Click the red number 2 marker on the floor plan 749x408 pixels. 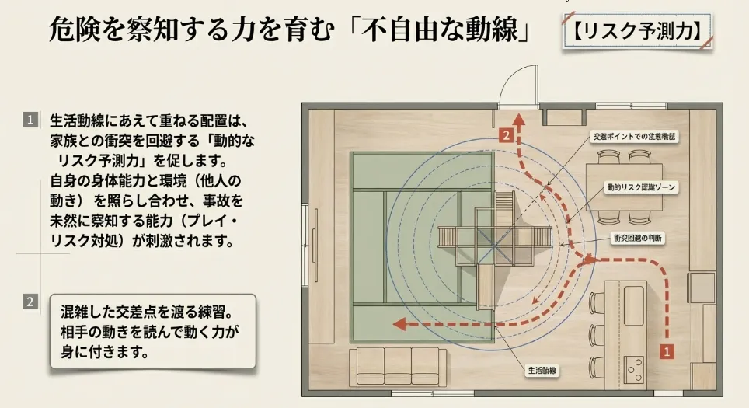click(x=507, y=135)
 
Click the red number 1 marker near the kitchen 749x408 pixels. click(x=665, y=350)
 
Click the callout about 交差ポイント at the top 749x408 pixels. click(x=635, y=136)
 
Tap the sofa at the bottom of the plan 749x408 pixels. click(x=396, y=364)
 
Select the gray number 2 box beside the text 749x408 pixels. click(x=30, y=302)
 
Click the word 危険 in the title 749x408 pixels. click(x=70, y=31)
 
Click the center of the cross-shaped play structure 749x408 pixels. click(x=494, y=235)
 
